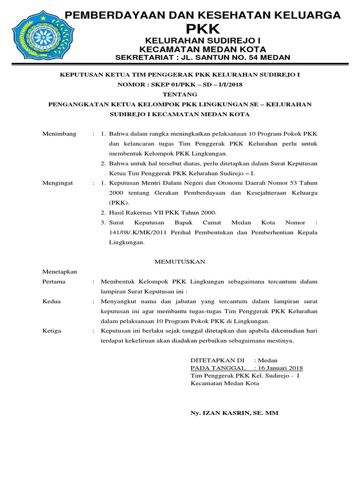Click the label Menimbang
pyautogui.click(x=59, y=134)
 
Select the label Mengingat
pyautogui.click(x=59, y=183)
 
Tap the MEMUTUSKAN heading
pyautogui.click(x=180, y=262)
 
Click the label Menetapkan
pyautogui.click(x=60, y=271)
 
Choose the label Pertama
pyautogui.click(x=54, y=282)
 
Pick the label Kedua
pyautogui.click(x=52, y=301)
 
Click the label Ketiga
pyautogui.click(x=52, y=331)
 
